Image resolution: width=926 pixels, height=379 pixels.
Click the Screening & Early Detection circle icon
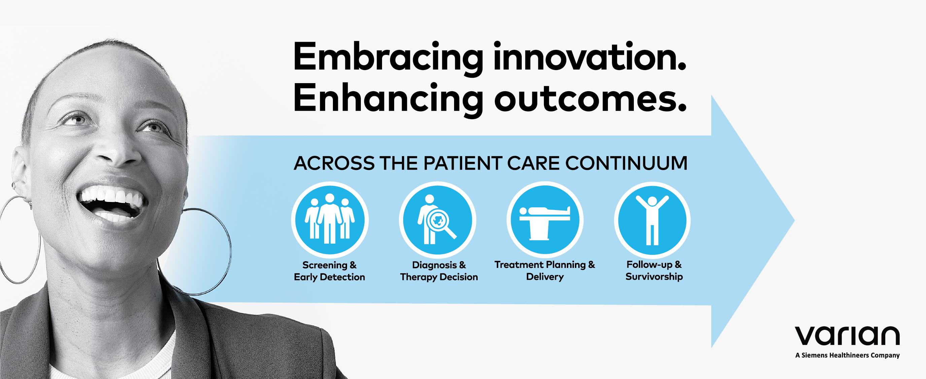point(330,220)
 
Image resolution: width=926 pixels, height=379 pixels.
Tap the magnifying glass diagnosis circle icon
point(438,220)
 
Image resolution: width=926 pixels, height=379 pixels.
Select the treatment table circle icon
point(545,220)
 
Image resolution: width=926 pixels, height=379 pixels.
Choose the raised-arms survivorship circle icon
point(652,220)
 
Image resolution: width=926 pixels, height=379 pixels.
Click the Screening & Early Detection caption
point(329,271)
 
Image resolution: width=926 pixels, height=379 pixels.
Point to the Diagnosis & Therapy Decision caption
point(439,271)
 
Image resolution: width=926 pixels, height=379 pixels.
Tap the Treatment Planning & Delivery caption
point(545,270)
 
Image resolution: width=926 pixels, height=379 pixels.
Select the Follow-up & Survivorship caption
point(654,270)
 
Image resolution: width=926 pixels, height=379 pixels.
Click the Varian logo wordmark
point(847,336)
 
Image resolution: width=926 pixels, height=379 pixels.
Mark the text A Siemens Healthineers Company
point(847,355)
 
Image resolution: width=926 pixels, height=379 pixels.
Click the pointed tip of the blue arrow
point(794,220)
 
